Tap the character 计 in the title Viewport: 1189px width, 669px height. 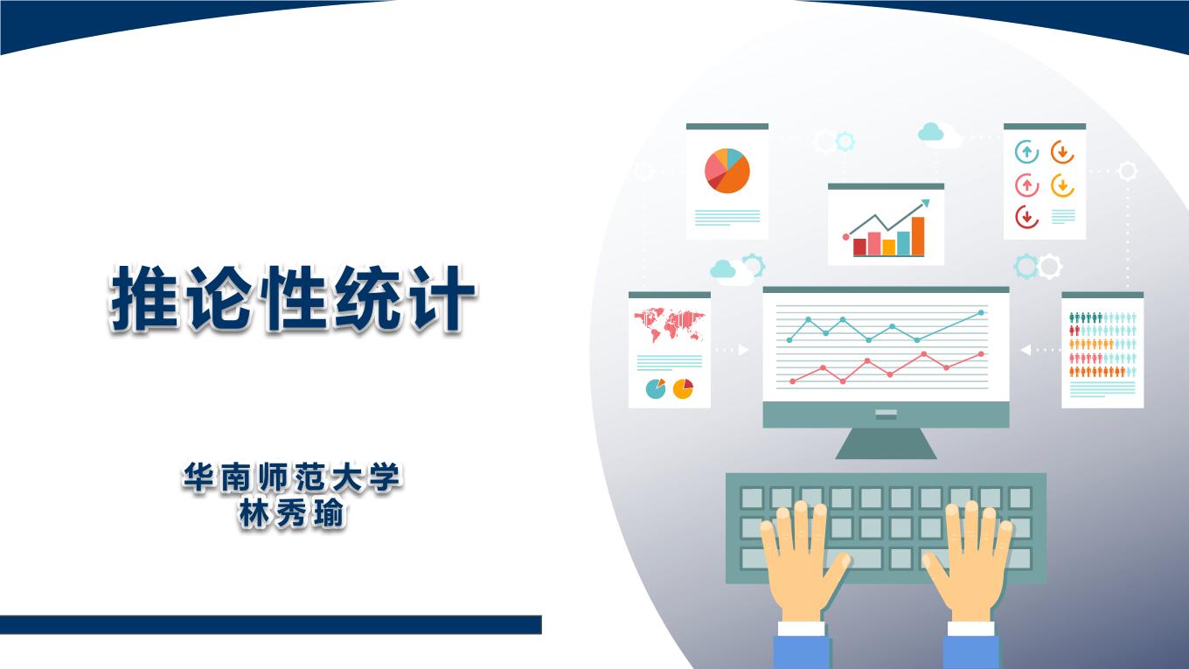coord(442,298)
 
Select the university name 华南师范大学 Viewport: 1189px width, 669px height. coord(291,477)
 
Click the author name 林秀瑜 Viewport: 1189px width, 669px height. coord(291,513)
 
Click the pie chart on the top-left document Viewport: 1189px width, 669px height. coord(727,171)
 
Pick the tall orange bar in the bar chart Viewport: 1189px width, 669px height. coord(918,236)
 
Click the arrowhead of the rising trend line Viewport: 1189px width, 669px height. coord(925,204)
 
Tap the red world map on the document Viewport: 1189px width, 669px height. coord(669,324)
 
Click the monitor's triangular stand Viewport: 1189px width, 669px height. coord(886,443)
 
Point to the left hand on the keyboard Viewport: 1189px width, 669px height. coord(801,563)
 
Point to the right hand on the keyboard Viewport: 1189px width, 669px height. coord(969,563)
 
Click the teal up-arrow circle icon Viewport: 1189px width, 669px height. coord(1026,152)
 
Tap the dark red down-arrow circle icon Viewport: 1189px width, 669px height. coord(1026,217)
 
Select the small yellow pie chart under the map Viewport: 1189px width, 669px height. coord(683,388)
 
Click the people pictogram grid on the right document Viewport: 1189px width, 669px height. coord(1102,345)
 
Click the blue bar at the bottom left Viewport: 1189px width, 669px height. coord(271,625)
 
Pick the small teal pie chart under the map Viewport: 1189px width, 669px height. coord(656,388)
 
